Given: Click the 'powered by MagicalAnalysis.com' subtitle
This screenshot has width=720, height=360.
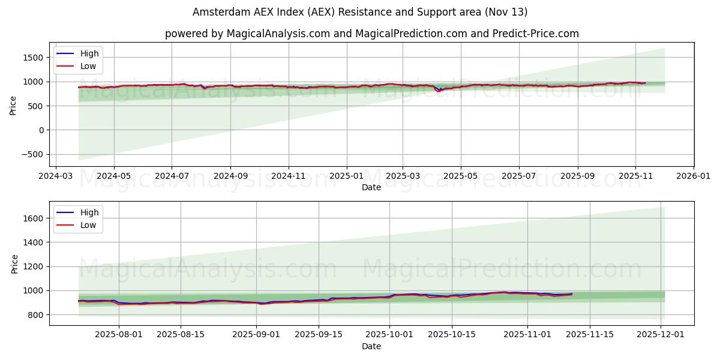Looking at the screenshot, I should (371, 34).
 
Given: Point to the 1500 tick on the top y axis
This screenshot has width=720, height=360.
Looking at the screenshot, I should (34, 58).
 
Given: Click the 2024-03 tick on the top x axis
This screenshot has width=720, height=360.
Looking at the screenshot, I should (56, 177).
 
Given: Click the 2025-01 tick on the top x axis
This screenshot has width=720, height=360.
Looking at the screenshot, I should (346, 177).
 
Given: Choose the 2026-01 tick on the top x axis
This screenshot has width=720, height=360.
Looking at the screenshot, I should (693, 177).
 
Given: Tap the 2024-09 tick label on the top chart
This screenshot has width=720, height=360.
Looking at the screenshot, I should (230, 177).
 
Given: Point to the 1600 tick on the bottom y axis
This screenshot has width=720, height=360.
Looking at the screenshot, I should (34, 218).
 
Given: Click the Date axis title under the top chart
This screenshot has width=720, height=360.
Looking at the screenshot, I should (371, 188).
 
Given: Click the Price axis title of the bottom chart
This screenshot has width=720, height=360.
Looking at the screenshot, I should (14, 263).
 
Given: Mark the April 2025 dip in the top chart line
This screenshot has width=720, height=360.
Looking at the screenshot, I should (438, 91).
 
